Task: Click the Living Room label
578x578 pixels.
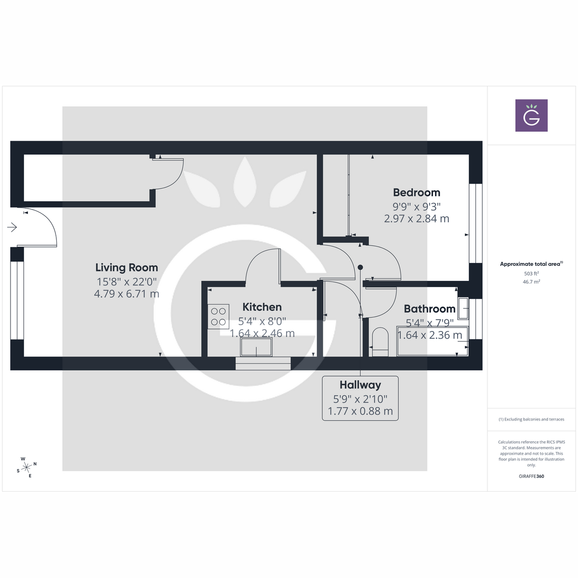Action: coord(127,268)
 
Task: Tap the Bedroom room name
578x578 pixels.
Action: coord(417,193)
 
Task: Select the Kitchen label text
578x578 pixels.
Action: coord(262,307)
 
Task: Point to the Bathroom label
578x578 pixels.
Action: coord(430,309)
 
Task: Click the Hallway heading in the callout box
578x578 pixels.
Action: coord(360,385)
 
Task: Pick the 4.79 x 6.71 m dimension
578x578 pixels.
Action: coord(127,294)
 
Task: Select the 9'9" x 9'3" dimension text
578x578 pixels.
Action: coord(417,206)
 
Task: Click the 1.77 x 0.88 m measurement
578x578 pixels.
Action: coord(360,411)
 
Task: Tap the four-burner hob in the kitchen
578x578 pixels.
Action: coord(218,317)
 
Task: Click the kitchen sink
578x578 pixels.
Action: coord(256,347)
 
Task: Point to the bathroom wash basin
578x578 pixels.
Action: coord(463,308)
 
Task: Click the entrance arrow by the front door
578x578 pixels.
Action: coord(13,227)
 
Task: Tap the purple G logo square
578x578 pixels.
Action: coord(531,116)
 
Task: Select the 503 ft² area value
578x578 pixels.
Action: coord(531,274)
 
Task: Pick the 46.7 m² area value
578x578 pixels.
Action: coord(531,282)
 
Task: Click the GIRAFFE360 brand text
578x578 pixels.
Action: coord(531,476)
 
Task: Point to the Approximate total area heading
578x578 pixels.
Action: coord(531,264)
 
